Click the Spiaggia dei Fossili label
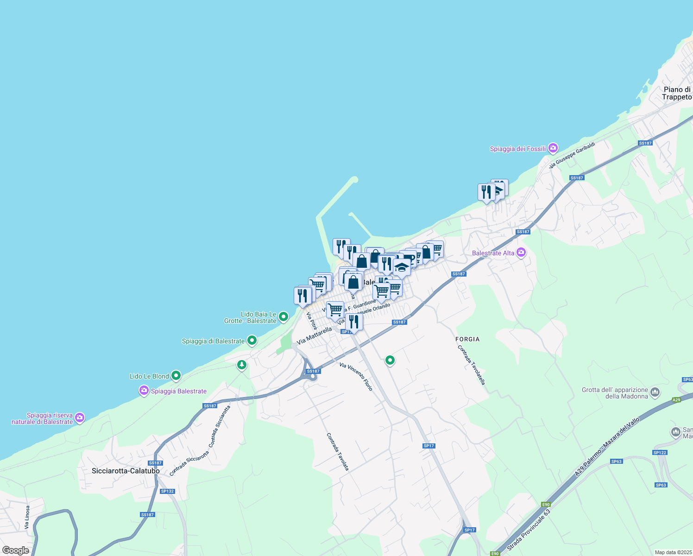pyautogui.click(x=517, y=149)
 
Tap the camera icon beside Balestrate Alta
pyautogui.click(x=522, y=253)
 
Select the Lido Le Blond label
pyautogui.click(x=149, y=376)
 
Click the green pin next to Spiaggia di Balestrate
pyautogui.click(x=252, y=341)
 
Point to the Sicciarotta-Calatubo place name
pyautogui.click(x=126, y=471)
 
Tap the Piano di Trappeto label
pyautogui.click(x=676, y=93)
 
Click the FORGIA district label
pyautogui.click(x=467, y=339)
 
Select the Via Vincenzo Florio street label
pyautogui.click(x=356, y=377)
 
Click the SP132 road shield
pyautogui.click(x=167, y=491)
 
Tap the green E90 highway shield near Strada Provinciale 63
pyautogui.click(x=546, y=505)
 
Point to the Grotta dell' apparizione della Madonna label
pyautogui.click(x=615, y=393)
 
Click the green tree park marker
pyautogui.click(x=241, y=365)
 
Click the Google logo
pyautogui.click(x=15, y=550)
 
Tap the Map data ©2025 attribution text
pyautogui.click(x=673, y=552)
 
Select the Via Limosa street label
pyautogui.click(x=27, y=518)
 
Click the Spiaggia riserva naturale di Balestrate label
pyautogui.click(x=42, y=418)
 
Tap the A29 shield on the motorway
pyautogui.click(x=677, y=400)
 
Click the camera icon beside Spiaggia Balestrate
pyautogui.click(x=144, y=391)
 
